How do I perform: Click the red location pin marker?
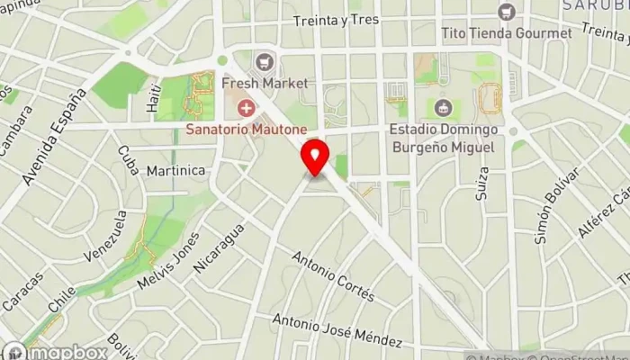(x=315, y=158)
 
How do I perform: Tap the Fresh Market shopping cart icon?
(x=264, y=62)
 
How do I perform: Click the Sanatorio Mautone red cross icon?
(x=243, y=109)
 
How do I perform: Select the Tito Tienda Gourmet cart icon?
(x=506, y=13)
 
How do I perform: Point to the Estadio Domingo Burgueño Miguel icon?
(x=442, y=109)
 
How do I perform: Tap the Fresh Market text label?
(x=264, y=83)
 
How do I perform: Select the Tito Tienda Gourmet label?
(x=506, y=33)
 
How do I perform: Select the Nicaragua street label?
(x=219, y=247)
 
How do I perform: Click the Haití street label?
(x=152, y=99)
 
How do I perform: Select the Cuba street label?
(x=127, y=159)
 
